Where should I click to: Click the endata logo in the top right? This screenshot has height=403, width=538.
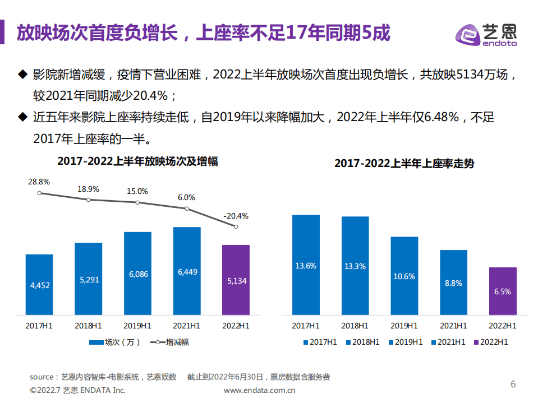point(486,35)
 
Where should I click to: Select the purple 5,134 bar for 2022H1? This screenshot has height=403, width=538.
point(236,280)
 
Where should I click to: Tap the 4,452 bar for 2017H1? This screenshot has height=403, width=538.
point(39,285)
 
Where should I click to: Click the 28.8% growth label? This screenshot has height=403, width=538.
point(39,182)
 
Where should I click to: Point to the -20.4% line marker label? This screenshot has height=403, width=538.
point(236,216)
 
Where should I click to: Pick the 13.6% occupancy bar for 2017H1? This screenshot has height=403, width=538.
point(306,265)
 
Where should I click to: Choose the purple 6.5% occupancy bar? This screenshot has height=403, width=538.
point(503,291)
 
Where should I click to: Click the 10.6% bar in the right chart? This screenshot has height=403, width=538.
point(404,276)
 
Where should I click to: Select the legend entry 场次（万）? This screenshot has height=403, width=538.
point(114,342)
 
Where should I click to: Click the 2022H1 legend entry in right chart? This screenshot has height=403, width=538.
point(490,342)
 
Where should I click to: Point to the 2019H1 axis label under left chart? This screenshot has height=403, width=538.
point(137,325)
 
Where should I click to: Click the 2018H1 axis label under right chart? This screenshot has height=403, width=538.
point(355,325)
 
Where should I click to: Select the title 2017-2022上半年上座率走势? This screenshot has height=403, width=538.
point(404,164)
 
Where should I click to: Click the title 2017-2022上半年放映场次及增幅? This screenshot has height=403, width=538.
point(137,161)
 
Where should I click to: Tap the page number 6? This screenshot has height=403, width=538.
point(512,384)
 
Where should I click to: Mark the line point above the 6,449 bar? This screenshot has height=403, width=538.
point(187,209)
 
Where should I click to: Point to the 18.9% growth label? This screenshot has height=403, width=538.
point(88,189)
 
